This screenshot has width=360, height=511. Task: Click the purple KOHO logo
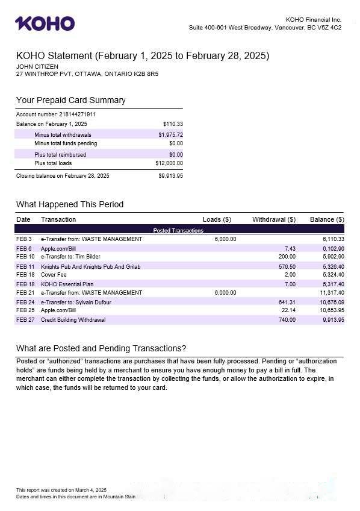(x=45, y=24)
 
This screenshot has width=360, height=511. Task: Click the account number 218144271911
(x=77, y=114)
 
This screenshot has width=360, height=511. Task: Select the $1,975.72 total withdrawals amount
(x=170, y=135)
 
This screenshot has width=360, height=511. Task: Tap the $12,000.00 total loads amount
(x=169, y=163)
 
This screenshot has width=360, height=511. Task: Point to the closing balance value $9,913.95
(x=170, y=176)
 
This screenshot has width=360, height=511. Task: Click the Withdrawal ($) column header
(x=273, y=219)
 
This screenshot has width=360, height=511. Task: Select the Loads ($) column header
(x=217, y=219)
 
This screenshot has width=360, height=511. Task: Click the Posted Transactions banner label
(x=178, y=230)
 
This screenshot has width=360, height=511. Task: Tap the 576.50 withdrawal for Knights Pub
(x=287, y=266)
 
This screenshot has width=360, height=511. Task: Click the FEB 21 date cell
(x=25, y=293)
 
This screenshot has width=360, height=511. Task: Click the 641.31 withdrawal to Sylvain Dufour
(x=287, y=303)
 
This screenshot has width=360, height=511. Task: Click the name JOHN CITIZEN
(x=37, y=66)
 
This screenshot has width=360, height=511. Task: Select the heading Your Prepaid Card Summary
(x=70, y=100)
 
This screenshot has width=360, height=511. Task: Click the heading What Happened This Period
(x=69, y=204)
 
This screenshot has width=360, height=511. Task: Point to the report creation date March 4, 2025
(x=93, y=490)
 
